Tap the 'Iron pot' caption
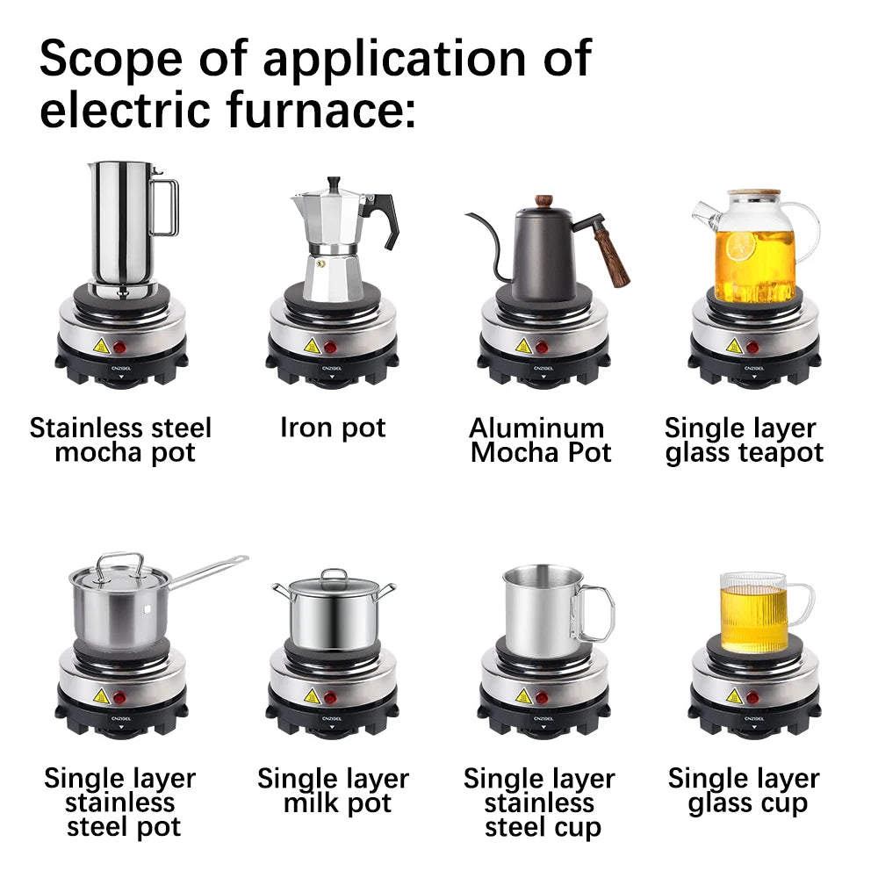[333, 428]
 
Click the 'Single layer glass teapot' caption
[744, 441]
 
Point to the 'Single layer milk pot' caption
[333, 791]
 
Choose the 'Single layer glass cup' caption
[745, 791]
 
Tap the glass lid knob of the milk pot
[334, 575]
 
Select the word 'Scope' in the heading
[104, 60]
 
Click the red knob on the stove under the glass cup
[752, 697]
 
